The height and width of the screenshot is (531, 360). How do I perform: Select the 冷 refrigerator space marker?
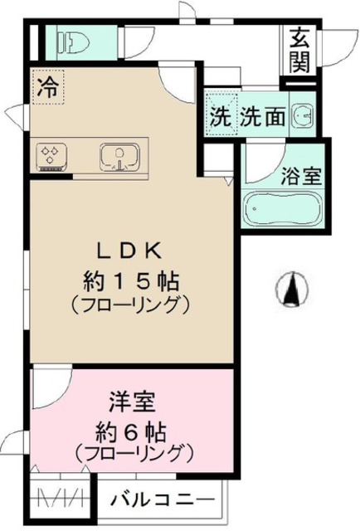pyautogui.click(x=47, y=85)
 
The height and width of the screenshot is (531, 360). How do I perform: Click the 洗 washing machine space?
pyautogui.click(x=220, y=117)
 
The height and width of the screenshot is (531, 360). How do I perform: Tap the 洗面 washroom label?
pyautogui.click(x=263, y=117)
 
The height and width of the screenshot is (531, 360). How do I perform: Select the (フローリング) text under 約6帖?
pyautogui.click(x=133, y=454)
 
